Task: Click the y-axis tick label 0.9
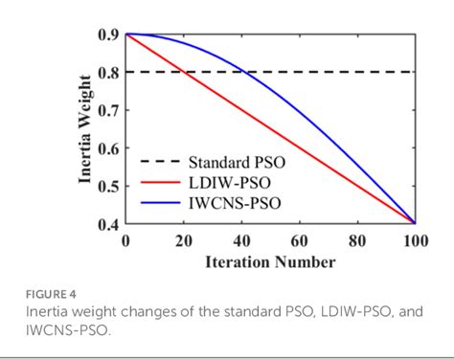pos(108,34)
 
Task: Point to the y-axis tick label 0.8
pos(108,72)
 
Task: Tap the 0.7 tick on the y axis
pos(108,110)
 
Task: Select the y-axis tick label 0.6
pos(108,148)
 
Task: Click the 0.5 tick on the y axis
pos(108,186)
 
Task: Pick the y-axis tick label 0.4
pos(108,224)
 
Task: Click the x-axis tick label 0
pos(125,240)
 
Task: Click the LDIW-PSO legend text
pos(226,182)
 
